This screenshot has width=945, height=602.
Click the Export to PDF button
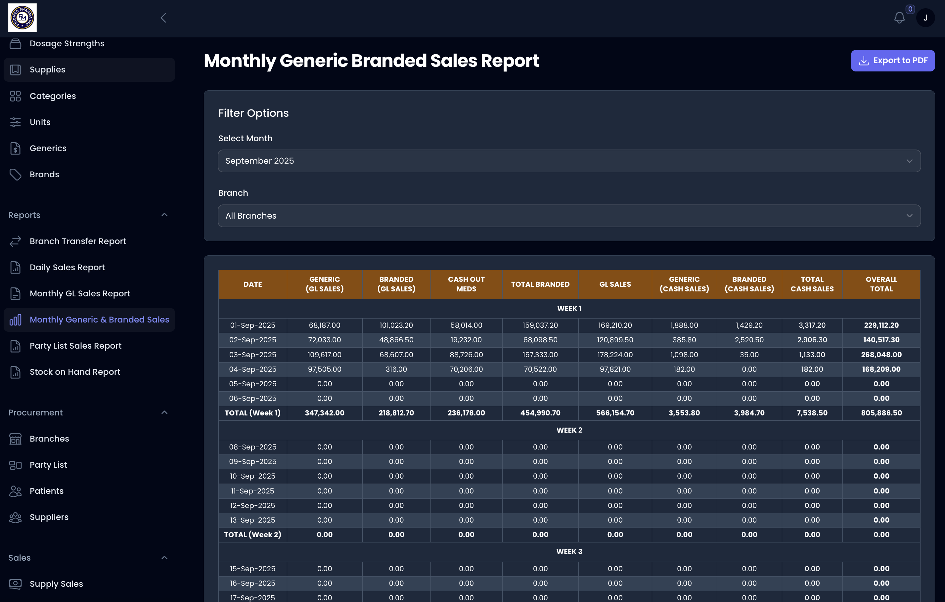(x=892, y=61)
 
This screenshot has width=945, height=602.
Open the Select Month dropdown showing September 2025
(x=569, y=161)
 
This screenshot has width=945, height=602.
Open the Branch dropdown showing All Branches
(x=569, y=216)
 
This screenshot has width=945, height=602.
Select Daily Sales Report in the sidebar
(x=67, y=268)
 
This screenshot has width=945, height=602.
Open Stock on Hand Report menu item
(x=74, y=372)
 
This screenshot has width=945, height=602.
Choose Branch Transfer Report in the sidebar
(x=78, y=241)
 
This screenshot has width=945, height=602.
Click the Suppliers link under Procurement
(x=49, y=517)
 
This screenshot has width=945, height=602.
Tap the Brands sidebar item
(x=44, y=175)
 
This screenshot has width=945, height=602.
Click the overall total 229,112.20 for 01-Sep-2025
(x=881, y=325)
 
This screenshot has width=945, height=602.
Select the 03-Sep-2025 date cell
(x=252, y=355)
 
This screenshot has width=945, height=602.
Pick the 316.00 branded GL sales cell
(x=396, y=369)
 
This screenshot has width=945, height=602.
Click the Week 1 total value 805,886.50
(x=881, y=413)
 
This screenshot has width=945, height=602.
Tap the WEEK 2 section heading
(x=569, y=430)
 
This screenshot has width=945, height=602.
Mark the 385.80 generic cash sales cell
(x=684, y=340)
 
